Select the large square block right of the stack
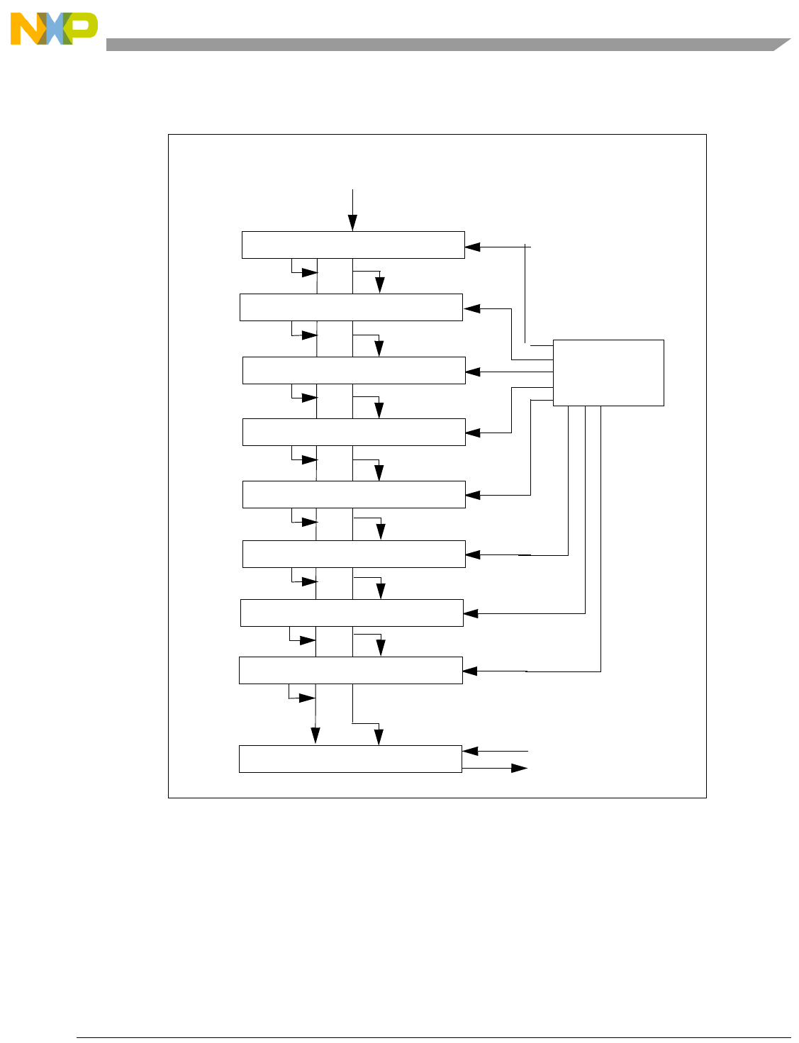[x=608, y=373]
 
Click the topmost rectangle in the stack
[x=353, y=245]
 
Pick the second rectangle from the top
[x=351, y=307]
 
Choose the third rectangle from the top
[x=354, y=370]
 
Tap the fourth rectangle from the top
[x=354, y=432]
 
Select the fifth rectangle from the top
[x=354, y=494]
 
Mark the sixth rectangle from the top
[x=354, y=554]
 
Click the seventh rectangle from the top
[x=352, y=613]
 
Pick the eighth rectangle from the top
[x=351, y=670]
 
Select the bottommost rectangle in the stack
[x=350, y=759]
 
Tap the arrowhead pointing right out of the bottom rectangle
[x=520, y=768]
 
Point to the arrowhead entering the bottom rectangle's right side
[x=470, y=751]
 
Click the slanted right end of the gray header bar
[x=781, y=44]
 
